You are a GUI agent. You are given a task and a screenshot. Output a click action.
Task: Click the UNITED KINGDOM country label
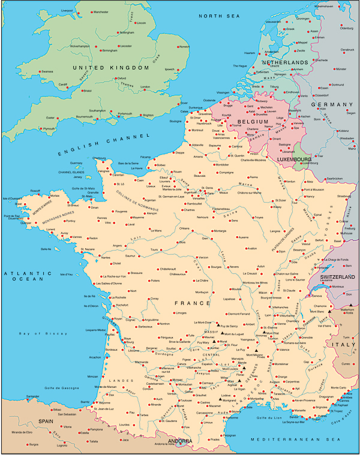[110, 68]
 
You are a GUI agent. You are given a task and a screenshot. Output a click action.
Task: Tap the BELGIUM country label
[252, 122]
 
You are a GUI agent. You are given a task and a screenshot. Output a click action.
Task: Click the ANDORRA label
[180, 441]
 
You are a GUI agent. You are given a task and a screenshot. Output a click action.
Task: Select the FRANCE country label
[192, 303]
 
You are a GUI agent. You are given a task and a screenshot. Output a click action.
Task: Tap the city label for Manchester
[100, 11]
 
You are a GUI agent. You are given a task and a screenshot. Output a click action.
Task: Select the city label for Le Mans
[155, 230]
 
